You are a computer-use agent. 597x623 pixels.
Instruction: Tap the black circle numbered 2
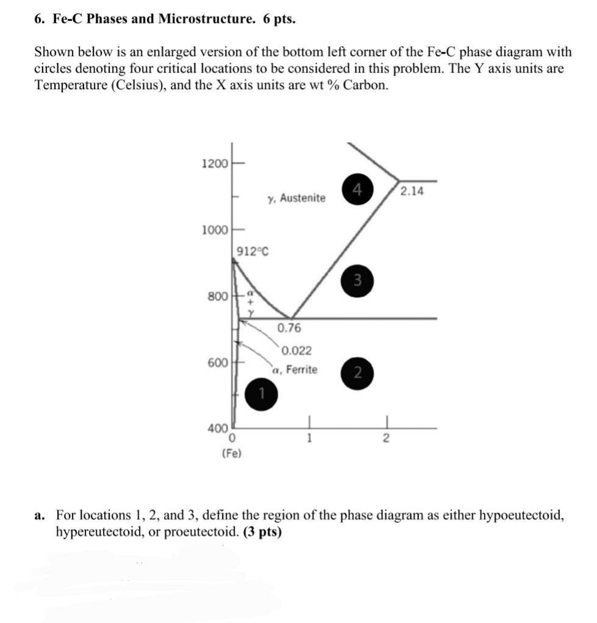(359, 373)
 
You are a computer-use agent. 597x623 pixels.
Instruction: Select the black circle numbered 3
(358, 281)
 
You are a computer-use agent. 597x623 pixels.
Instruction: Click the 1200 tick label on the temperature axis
(214, 164)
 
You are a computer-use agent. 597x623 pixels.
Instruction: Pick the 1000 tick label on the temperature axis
(214, 230)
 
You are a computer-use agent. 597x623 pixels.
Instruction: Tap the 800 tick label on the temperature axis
(217, 297)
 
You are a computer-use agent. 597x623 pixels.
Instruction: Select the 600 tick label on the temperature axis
(217, 362)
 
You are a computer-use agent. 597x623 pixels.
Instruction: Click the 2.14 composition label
(412, 192)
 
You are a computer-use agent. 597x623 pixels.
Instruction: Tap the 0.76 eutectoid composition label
(289, 328)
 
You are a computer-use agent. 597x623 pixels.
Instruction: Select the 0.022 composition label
(297, 350)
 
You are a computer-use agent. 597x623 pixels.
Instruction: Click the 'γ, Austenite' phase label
(296, 198)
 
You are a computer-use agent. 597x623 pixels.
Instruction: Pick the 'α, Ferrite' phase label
(295, 369)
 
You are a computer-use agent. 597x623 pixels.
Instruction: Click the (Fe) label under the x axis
(232, 453)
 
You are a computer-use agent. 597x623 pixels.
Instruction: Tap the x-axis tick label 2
(385, 438)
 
